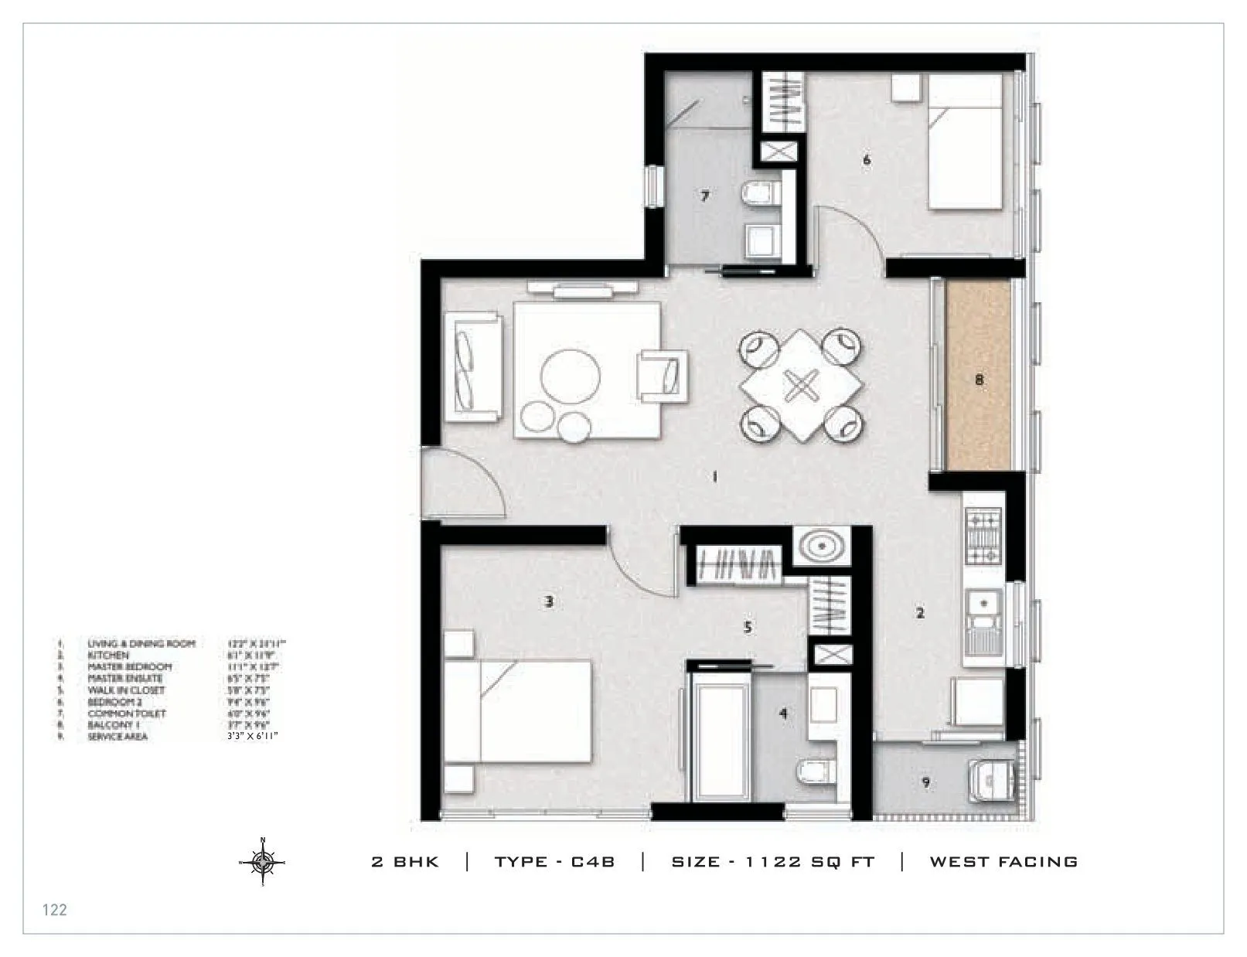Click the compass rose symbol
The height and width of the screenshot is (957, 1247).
tap(263, 860)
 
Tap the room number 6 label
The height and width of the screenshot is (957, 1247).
tap(867, 160)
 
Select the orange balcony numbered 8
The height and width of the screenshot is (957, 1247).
tap(979, 376)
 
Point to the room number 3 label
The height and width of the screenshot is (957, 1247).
tap(549, 601)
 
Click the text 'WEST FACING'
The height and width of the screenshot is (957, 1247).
tap(1003, 862)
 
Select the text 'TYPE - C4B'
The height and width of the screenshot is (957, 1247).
tap(554, 862)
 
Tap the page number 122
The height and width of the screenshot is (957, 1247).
tap(55, 910)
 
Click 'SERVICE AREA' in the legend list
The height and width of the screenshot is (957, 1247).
tap(118, 737)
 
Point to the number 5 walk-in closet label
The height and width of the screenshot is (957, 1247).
tap(748, 628)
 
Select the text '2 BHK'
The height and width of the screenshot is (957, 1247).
tap(405, 862)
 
